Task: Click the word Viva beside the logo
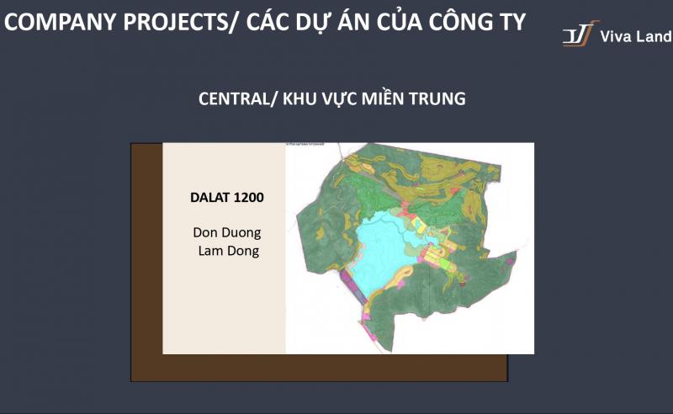point(617,37)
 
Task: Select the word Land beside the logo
point(655,37)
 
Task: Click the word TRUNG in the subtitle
point(438,98)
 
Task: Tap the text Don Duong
point(227,231)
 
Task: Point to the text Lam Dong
point(227,251)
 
